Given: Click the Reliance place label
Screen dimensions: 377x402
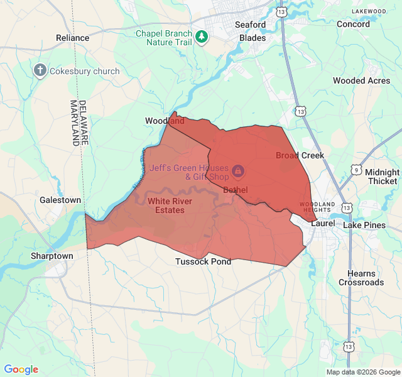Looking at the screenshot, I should click(73, 38).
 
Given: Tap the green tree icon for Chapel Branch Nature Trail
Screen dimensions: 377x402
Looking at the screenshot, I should click(202, 37).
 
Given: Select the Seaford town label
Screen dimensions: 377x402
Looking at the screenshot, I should click(250, 25).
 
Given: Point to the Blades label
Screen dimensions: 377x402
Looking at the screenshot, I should click(253, 38).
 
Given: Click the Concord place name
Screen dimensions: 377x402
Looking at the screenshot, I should click(354, 24).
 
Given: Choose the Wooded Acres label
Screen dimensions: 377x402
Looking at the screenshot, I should click(361, 80).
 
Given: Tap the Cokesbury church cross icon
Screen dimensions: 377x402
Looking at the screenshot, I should click(41, 70).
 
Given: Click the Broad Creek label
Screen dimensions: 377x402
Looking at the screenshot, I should click(300, 155).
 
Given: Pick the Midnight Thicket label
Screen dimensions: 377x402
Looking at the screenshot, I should click(382, 177).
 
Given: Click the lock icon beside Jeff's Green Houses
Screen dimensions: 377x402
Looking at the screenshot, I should click(238, 170).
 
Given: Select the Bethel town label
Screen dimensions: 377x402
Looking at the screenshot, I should click(236, 190).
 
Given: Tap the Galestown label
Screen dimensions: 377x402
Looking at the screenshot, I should click(60, 200).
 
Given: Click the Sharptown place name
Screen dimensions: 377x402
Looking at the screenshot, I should click(52, 256).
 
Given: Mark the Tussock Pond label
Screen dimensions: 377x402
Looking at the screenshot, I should click(203, 261).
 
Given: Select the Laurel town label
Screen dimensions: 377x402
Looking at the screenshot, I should click(323, 223).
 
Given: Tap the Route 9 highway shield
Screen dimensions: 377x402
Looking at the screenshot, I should click(356, 170).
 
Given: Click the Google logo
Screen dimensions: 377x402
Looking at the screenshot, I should click(21, 369).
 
